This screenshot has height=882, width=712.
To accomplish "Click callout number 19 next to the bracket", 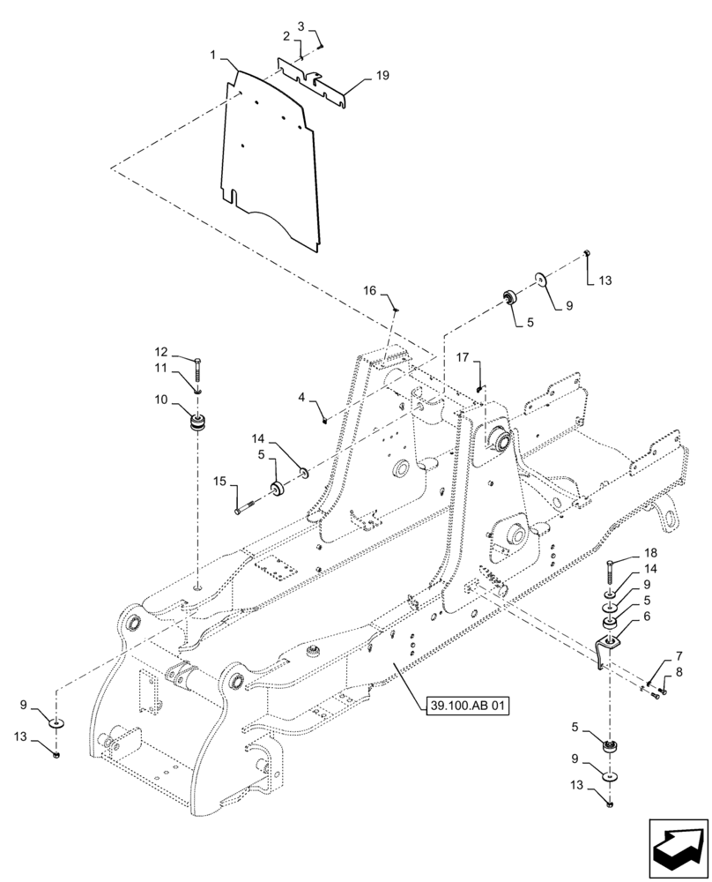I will [382, 77].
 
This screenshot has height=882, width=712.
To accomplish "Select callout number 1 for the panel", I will [213, 56].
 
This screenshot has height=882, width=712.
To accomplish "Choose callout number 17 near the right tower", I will [461, 357].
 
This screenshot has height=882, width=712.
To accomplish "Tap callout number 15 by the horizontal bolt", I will [220, 481].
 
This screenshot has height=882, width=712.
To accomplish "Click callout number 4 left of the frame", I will [301, 399].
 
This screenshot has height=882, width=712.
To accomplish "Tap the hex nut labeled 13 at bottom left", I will [57, 755].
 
